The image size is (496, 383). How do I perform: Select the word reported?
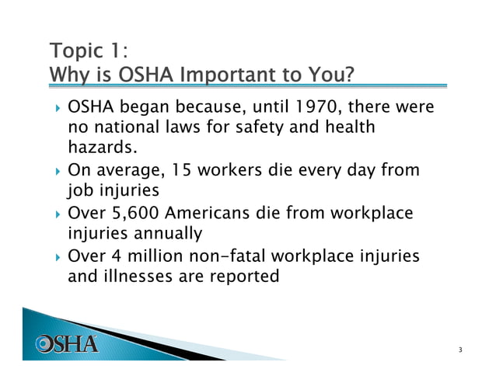coord(241,275)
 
